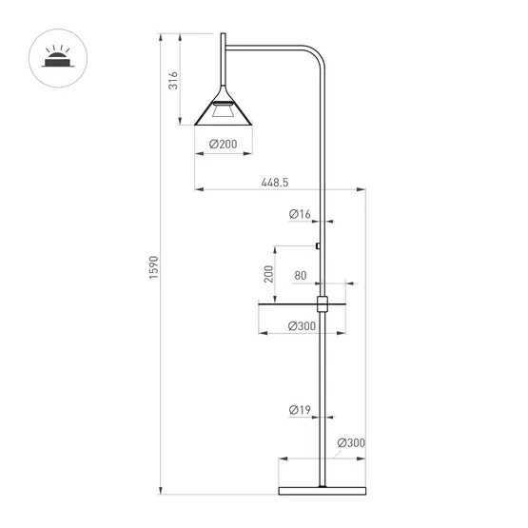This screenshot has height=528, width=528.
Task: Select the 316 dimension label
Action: coord(173,81)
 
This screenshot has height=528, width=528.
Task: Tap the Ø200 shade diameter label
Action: coord(223,144)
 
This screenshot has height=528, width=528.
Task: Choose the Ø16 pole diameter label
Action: coord(300,215)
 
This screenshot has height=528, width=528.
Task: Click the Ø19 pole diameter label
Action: coord(299,410)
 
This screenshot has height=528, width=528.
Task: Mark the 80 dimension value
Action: coord(301,276)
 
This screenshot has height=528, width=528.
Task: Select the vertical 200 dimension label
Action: coord(268,274)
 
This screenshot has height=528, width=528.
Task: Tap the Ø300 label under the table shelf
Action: coord(302,326)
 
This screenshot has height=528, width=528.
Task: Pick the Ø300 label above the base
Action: coord(351,443)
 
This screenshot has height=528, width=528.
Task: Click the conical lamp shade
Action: coord(224,113)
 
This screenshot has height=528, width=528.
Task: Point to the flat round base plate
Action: coord(322,490)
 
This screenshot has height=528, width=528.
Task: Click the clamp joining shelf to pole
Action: coord(322,303)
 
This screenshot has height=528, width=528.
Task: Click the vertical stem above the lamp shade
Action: coord(224,67)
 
